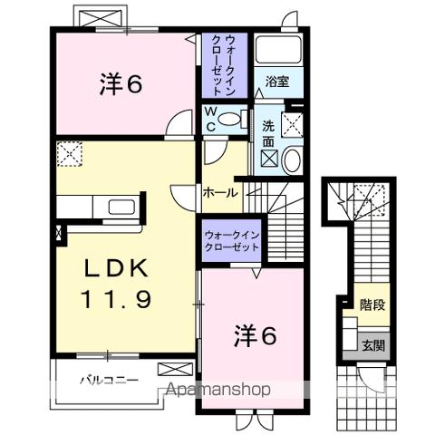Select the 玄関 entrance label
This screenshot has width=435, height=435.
[x=373, y=345]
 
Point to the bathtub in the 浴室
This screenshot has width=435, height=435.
[x=278, y=50]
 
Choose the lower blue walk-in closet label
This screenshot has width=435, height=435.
[x=232, y=240]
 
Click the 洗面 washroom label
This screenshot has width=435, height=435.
[x=270, y=134]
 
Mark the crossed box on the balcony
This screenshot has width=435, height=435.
[x=175, y=369]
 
